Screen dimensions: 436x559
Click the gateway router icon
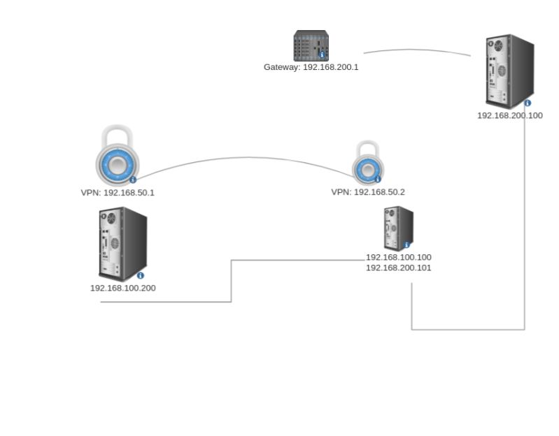point(311,45)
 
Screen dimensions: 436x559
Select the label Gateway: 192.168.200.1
point(311,68)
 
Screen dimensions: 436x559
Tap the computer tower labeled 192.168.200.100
point(509,70)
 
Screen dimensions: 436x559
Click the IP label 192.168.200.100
point(509,116)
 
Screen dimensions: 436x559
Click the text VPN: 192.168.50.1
point(117,192)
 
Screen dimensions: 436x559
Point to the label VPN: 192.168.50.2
point(368,192)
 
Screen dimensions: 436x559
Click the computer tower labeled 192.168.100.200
point(122,243)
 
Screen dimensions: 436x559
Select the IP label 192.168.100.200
point(122,287)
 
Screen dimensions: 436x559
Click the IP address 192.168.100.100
point(398,257)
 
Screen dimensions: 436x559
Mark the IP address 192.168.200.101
point(398,267)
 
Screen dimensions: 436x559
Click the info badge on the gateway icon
point(322,54)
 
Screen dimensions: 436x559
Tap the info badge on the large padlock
point(133,180)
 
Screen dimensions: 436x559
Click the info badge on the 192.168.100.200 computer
point(141,275)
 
